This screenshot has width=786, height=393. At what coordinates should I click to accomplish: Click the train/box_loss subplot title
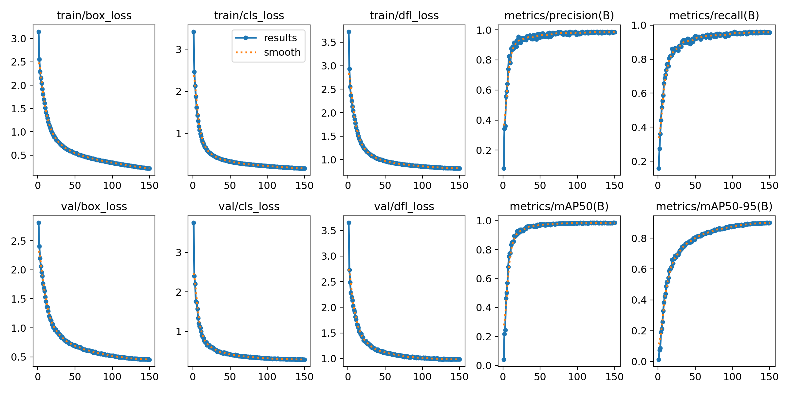pyautogui.click(x=94, y=15)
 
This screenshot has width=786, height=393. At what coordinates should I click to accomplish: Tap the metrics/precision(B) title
pyautogui.click(x=559, y=15)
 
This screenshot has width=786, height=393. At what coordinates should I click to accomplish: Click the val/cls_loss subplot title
pyautogui.click(x=249, y=206)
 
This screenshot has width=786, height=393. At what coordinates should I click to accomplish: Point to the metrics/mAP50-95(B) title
pyautogui.click(x=714, y=206)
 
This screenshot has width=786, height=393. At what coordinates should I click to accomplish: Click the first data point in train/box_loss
pyautogui.click(x=39, y=32)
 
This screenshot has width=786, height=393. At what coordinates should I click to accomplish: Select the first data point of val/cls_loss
pyautogui.click(x=194, y=223)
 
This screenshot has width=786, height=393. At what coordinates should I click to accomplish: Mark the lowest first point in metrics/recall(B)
pyautogui.click(x=659, y=168)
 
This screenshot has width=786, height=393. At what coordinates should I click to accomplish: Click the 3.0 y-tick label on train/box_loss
pyautogui.click(x=18, y=39)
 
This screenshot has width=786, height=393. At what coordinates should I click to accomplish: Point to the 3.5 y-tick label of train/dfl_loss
pyautogui.click(x=328, y=42)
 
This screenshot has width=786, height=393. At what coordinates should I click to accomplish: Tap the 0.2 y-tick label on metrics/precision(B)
pyautogui.click(x=484, y=150)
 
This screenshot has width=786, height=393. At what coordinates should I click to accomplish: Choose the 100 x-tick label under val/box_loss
pyautogui.click(x=112, y=377)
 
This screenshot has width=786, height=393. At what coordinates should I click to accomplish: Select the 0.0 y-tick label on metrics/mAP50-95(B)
pyautogui.click(x=639, y=362)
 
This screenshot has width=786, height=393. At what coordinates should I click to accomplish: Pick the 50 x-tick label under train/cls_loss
pyautogui.click(x=230, y=186)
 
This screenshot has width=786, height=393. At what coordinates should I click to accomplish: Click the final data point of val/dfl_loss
pyautogui.click(x=459, y=359)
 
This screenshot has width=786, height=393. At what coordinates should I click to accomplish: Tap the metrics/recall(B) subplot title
pyautogui.click(x=714, y=15)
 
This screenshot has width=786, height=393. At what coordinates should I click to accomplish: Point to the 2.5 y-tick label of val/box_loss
pyautogui.click(x=18, y=241)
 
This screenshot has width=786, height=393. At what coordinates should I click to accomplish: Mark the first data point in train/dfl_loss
pyautogui.click(x=349, y=32)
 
